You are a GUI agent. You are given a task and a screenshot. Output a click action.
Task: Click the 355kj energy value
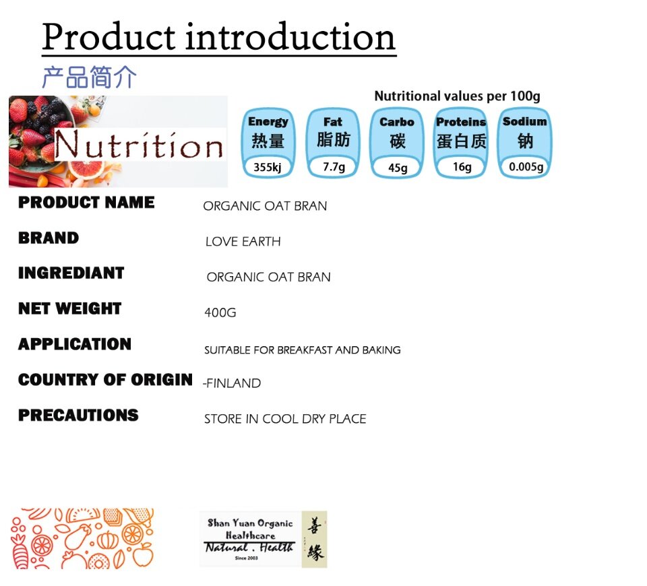268,167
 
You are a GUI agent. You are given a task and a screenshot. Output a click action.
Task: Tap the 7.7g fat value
334,167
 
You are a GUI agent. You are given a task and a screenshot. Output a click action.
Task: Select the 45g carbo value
398,168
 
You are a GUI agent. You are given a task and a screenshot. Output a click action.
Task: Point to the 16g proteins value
462,167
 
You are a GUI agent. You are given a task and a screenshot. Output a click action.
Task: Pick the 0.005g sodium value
526,167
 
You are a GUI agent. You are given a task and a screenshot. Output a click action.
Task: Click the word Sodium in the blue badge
525,121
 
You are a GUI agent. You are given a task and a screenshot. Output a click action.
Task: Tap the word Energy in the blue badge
268,122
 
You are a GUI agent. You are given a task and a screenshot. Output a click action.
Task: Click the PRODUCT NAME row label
86,202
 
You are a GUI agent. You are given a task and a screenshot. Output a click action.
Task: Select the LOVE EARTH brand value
243,241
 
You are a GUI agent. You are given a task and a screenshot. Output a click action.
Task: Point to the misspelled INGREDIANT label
71,273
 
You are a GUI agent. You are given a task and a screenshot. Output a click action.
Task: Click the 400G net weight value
220,313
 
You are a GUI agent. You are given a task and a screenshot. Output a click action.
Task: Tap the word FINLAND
234,383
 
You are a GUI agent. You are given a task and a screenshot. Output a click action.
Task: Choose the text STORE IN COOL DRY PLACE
285,419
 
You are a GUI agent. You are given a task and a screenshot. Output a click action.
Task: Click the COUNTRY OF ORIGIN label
105,379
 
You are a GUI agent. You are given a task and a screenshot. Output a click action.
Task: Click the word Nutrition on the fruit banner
139,145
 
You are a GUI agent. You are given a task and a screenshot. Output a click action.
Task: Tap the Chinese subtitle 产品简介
89,77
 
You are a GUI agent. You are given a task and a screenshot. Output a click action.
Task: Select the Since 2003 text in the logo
247,558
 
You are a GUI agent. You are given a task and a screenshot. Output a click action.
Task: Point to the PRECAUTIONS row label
78,416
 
